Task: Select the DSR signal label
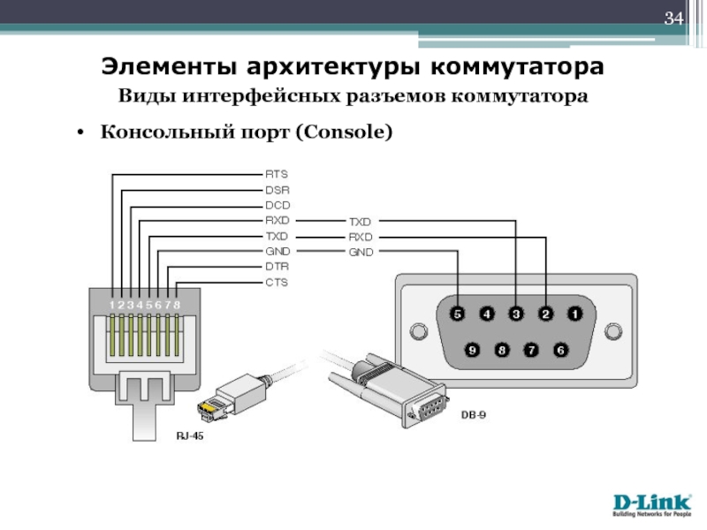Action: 277,189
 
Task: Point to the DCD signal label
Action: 277,205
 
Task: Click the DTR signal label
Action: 277,267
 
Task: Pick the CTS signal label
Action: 277,283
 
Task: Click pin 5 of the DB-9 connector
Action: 458,314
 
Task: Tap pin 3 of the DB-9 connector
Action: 516,314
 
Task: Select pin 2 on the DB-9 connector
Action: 545,314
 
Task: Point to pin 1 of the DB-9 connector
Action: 574,314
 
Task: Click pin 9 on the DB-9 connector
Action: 473,350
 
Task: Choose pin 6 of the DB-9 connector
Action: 559,350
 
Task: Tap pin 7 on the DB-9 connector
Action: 531,350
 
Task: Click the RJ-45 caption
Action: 190,435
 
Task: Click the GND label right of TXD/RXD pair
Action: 361,253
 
